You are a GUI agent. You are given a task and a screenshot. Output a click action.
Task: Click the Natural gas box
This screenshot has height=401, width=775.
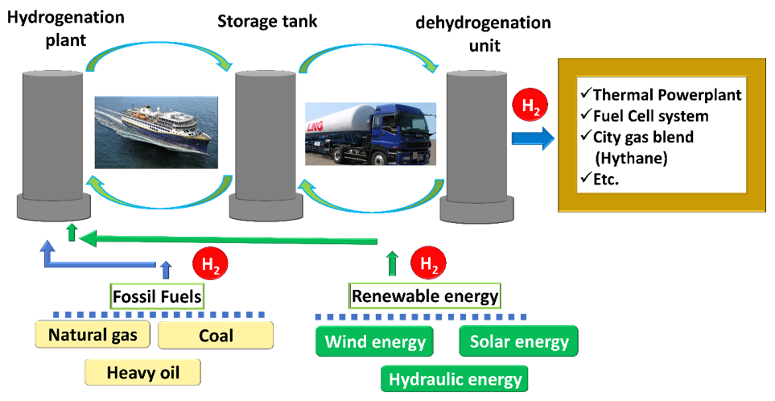point(93,334)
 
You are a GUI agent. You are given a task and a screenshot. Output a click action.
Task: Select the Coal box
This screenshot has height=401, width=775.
point(216,334)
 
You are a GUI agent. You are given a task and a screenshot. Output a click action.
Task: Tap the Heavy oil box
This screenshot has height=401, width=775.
point(142,372)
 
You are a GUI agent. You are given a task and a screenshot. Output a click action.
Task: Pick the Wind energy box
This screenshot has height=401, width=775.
point(375,341)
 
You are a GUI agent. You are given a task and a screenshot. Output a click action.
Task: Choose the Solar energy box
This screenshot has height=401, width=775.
point(519,341)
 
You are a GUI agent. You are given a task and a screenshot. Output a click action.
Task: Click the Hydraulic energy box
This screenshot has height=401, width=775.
point(456,378)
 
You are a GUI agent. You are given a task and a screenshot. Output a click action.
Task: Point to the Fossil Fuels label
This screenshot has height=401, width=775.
point(156,296)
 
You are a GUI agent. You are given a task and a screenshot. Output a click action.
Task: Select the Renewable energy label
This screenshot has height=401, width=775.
point(425,296)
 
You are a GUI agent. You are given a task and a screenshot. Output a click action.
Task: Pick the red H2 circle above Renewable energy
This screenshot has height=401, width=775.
point(428,263)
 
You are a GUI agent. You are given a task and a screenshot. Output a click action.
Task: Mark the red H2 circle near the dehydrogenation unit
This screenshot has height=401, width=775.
point(528,106)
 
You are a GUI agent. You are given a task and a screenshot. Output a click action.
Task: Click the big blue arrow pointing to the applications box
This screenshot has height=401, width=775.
point(533,138)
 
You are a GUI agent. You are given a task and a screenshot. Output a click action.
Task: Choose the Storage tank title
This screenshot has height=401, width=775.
point(267,21)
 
